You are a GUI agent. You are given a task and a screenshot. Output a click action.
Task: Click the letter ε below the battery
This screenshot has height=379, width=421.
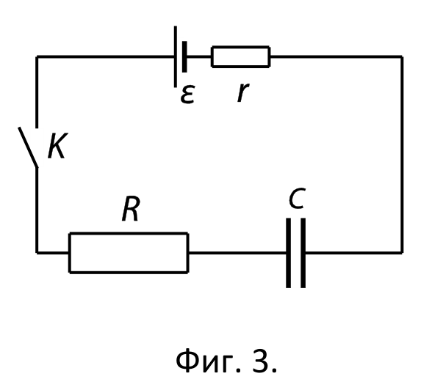[187, 95]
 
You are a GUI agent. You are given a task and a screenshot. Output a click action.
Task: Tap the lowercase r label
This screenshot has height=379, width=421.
[243, 92]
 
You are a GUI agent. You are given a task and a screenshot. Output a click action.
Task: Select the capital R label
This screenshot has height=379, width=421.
[131, 209]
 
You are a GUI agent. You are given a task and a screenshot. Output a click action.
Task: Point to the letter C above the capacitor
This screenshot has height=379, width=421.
[298, 198]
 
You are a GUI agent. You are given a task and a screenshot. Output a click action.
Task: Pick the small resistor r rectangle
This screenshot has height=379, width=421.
[240, 56]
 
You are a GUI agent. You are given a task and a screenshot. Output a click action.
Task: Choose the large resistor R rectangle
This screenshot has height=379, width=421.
[129, 253]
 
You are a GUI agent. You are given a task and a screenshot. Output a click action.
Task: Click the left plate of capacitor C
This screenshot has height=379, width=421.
[288, 253]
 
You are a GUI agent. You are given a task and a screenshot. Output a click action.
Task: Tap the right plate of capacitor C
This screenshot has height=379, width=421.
[303, 253]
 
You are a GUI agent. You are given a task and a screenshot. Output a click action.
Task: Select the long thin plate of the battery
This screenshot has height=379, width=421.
[176, 56]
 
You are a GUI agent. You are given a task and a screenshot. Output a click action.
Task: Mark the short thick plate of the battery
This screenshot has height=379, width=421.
[184, 56]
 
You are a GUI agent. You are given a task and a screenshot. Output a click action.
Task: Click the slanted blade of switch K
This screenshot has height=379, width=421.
[28, 147]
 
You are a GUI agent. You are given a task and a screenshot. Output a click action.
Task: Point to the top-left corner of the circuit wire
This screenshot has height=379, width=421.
[37, 56]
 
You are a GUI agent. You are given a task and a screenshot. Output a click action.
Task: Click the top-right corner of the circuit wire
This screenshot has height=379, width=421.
[402, 56]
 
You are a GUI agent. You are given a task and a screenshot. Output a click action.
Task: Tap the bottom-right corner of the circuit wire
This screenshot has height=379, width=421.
[402, 252]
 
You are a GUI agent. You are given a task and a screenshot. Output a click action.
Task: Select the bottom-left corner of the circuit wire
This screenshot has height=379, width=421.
[37, 252]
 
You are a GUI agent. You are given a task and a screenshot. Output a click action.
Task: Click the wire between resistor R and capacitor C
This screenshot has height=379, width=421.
[237, 252]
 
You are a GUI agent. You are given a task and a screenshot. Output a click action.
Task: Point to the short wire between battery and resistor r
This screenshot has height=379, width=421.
[199, 56]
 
